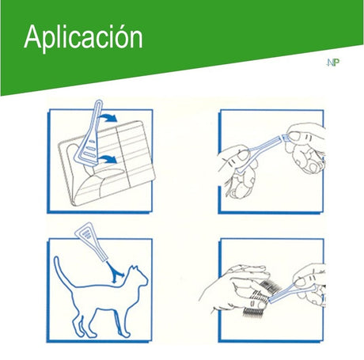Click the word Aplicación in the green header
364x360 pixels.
83,37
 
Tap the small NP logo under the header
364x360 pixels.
332,64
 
